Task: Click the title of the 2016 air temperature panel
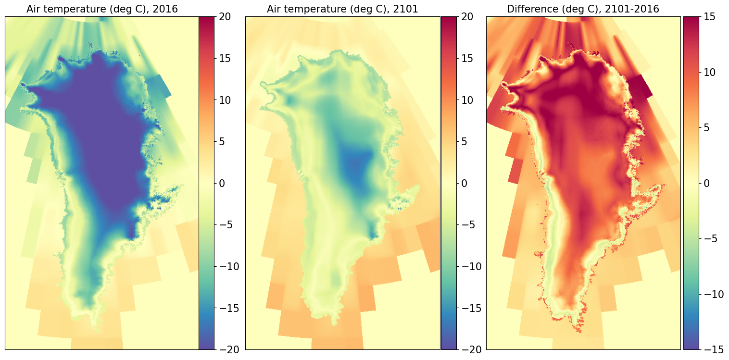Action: click(x=102, y=9)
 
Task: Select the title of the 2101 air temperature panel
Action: click(x=342, y=9)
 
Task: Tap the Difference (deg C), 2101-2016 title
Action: click(x=583, y=9)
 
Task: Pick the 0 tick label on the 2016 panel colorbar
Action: click(x=222, y=184)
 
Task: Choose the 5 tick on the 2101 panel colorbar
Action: click(x=464, y=142)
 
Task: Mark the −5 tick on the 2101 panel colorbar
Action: click(x=468, y=225)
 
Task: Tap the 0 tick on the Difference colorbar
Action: click(x=706, y=184)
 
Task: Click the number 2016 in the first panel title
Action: click(x=165, y=9)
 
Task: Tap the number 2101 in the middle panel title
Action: click(x=405, y=9)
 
